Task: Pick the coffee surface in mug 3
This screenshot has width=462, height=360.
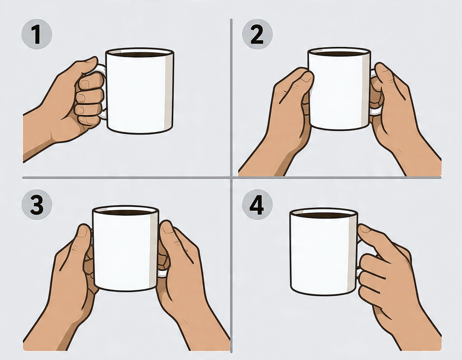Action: click(126, 212)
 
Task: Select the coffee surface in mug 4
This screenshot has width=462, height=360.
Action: click(324, 215)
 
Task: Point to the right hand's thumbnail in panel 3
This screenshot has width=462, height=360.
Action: click(167, 230)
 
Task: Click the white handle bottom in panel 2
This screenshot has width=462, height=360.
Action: click(375, 112)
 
